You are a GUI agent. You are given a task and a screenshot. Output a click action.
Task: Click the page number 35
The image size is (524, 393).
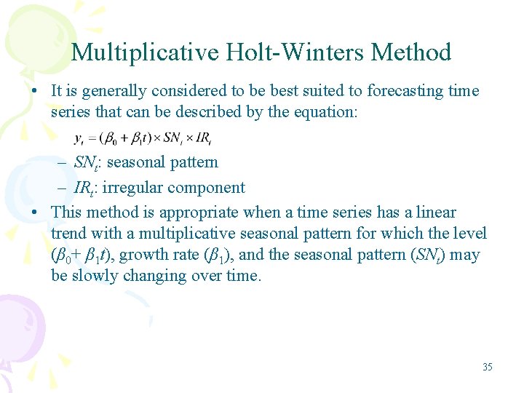(x=487, y=367)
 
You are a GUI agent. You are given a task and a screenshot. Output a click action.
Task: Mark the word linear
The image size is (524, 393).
(x=435, y=213)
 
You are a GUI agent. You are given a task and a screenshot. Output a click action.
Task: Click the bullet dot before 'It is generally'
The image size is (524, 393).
(x=36, y=92)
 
